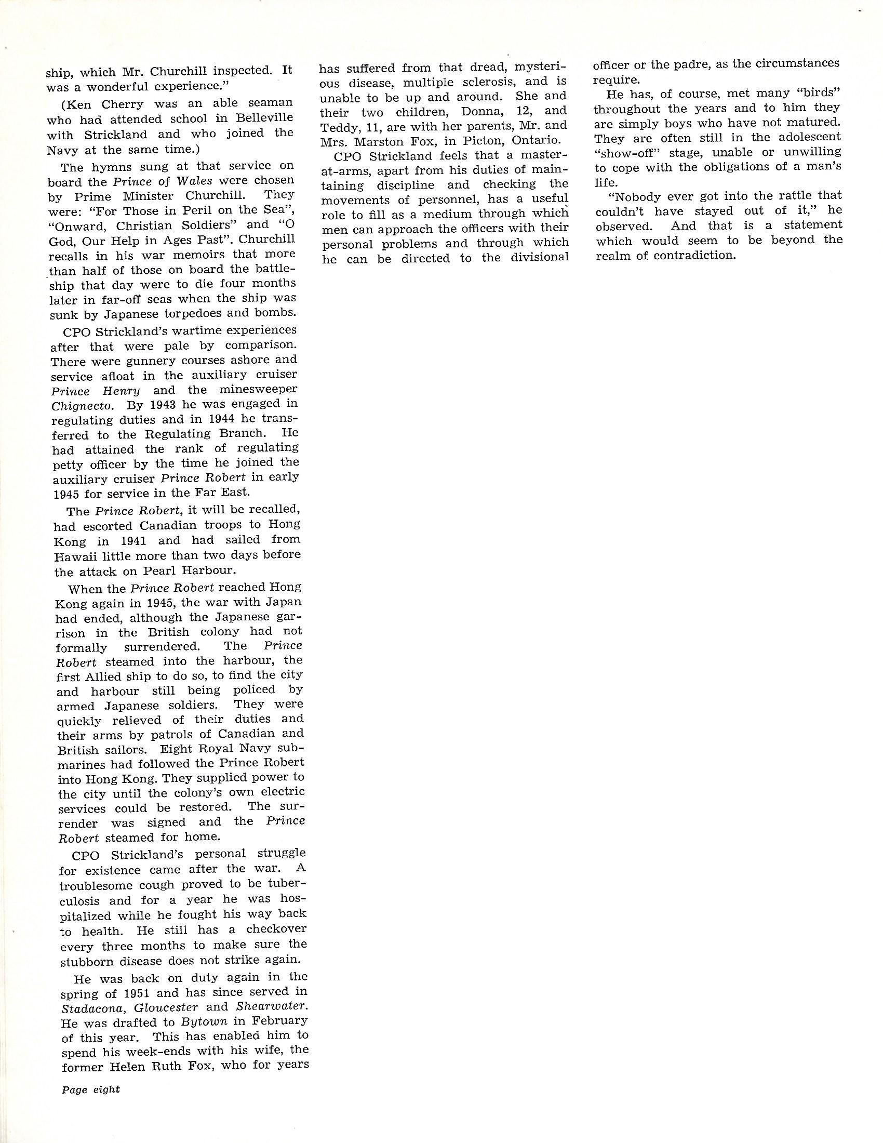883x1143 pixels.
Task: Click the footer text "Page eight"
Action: [x=90, y=1089]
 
